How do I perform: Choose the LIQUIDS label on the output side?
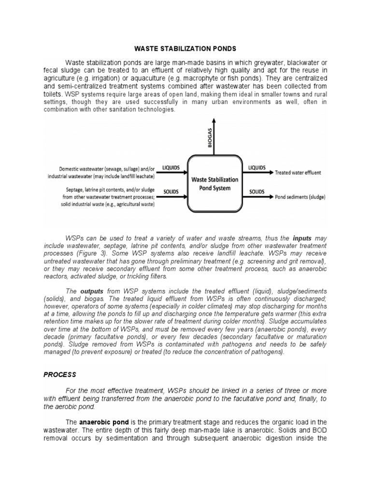pyautogui.click(x=257, y=168)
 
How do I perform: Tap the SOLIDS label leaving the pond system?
pyautogui.click(x=257, y=192)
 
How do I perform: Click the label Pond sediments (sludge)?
pyautogui.click(x=300, y=197)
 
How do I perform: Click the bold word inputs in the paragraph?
pyautogui.click(x=303, y=238)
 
